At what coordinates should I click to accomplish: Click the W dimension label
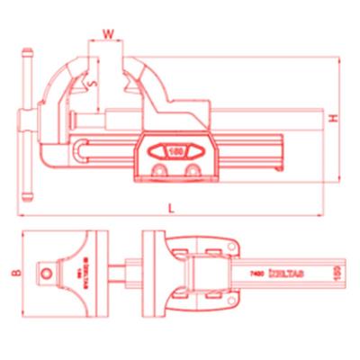click(x=108, y=34)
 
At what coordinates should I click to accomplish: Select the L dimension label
click(x=171, y=208)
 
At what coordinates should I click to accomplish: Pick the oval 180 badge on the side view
click(x=172, y=150)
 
